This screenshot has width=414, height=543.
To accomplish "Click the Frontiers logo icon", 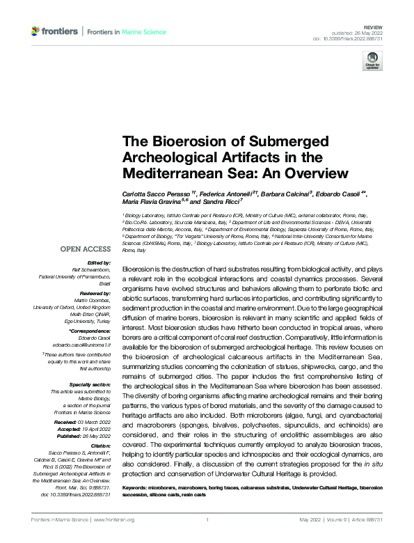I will coord(36,32).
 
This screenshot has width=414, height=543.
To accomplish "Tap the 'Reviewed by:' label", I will coord(94,292).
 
